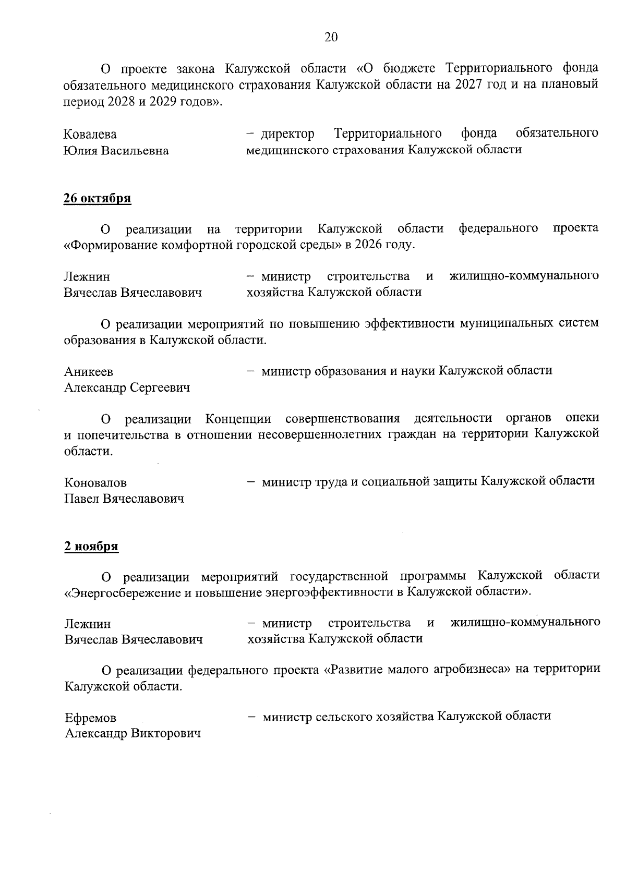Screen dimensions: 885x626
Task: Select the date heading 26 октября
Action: click(97, 199)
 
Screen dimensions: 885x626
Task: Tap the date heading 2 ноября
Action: click(91, 547)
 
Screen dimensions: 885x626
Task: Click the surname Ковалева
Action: click(90, 135)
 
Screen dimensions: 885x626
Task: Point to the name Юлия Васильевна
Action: click(116, 151)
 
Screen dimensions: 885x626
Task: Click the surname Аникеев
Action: click(89, 372)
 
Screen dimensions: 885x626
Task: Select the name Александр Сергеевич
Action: click(127, 388)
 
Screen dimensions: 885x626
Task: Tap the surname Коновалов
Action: click(95, 483)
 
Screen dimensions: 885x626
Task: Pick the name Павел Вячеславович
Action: click(124, 499)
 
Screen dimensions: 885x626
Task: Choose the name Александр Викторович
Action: click(133, 734)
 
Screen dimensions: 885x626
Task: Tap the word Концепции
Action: click(238, 419)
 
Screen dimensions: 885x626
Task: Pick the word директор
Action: click(287, 134)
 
